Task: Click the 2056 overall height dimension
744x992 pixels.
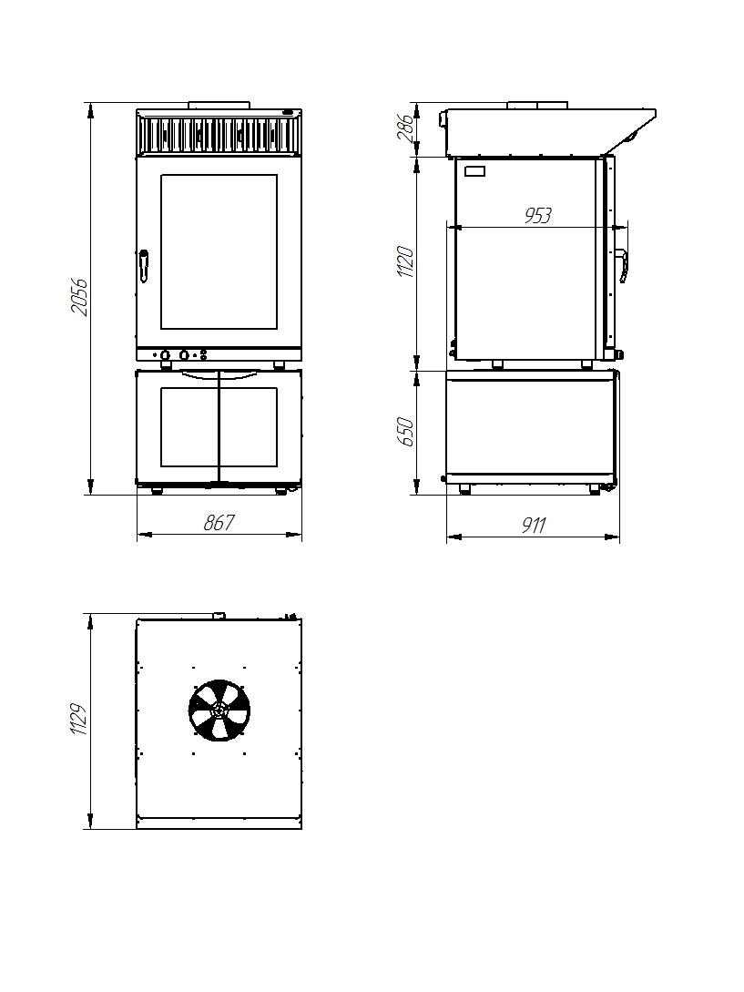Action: coord(80,296)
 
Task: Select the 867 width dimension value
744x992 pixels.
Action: coord(219,523)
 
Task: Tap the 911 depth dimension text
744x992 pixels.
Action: coord(534,525)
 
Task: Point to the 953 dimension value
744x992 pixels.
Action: coord(538,216)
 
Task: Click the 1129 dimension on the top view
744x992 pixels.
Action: coord(78,719)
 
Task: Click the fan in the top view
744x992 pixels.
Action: coord(219,710)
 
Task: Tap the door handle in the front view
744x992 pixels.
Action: coord(144,266)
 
